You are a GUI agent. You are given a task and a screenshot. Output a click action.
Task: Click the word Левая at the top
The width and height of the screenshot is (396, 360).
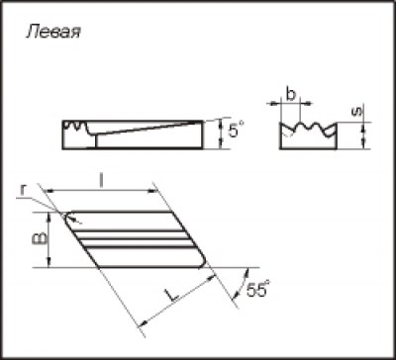point(52,33)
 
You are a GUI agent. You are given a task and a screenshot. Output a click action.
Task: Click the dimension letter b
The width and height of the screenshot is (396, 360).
point(290,95)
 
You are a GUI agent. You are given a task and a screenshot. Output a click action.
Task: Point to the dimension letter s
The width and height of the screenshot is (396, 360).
point(355,113)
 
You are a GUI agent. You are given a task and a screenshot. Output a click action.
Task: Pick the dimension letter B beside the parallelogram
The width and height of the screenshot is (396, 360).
point(40,239)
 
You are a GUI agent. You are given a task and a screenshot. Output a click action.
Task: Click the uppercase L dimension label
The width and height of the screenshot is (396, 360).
point(171,295)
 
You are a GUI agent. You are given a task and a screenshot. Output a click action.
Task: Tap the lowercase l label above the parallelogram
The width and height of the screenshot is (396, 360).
point(102,181)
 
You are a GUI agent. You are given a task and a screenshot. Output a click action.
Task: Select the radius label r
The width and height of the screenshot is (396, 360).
point(23,190)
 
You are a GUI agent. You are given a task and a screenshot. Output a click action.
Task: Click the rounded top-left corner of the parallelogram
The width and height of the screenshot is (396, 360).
point(67,215)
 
